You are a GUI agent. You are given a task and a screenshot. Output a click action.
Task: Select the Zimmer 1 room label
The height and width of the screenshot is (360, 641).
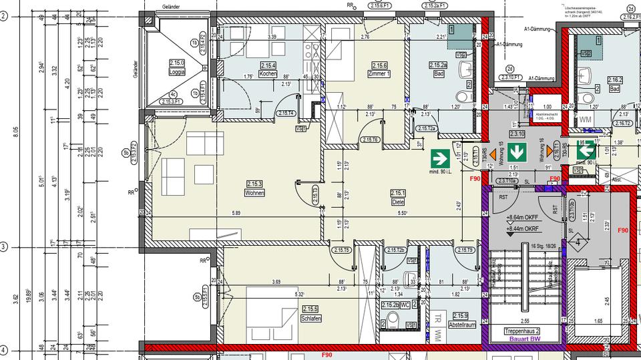tap(379, 69)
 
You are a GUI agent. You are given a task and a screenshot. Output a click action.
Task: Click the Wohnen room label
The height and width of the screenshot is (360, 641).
tap(254, 188)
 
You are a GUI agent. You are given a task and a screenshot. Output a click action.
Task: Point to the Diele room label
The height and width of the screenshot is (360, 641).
tap(398, 198)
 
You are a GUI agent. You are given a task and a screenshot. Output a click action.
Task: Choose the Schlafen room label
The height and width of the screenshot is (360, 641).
tap(311, 313)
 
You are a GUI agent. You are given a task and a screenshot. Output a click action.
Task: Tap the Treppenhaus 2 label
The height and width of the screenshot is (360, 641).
tap(522, 331)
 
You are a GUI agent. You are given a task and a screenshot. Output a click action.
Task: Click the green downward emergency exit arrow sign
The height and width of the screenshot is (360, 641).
tap(515, 147)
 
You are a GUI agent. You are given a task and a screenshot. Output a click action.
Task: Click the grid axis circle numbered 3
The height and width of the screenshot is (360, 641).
tap(3, 247)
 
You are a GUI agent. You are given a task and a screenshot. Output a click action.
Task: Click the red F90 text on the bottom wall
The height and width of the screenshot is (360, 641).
tap(327, 355)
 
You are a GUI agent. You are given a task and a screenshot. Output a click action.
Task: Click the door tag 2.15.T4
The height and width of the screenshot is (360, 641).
tap(287, 113)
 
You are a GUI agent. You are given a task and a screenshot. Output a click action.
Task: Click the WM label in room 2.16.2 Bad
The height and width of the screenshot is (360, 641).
tap(586, 120)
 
